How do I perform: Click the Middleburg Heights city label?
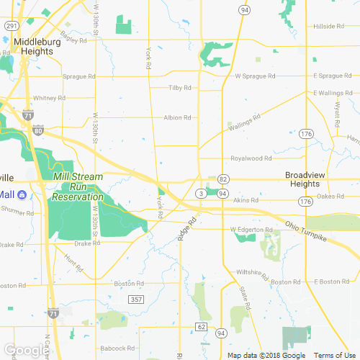coord(37,47)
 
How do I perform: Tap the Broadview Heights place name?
coord(308,179)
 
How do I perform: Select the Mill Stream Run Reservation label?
coord(78,186)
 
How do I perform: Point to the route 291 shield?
coord(12,25)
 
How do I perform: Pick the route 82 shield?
coord(223,179)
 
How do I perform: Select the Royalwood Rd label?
coord(251,158)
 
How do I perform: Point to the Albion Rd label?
coord(177,117)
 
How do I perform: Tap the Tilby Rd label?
coord(179,88)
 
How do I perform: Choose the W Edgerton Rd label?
coord(251,230)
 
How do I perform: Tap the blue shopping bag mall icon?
coord(22,195)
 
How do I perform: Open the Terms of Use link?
coord(333,356)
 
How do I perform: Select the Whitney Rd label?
coord(50,98)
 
